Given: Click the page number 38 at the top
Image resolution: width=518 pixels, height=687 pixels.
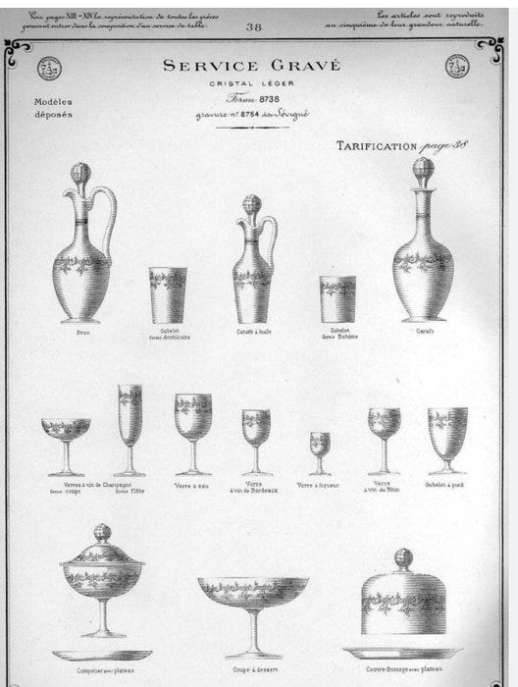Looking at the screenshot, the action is click(254, 27).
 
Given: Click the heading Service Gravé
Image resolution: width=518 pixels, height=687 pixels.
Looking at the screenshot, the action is click(251, 67).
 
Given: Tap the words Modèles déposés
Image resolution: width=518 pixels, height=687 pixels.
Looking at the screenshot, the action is click(53, 107).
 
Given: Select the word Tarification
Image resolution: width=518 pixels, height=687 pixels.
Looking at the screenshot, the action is click(377, 146).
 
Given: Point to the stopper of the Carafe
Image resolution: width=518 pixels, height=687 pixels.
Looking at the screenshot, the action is click(423, 171).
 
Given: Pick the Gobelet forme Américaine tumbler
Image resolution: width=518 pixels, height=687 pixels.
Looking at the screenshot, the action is click(168, 293).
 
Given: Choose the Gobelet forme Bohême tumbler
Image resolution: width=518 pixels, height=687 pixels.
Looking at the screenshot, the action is click(337, 298).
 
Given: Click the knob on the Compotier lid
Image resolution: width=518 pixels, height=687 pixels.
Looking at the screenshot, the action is click(101, 532).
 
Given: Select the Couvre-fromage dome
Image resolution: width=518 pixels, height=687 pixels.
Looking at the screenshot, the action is click(404, 599).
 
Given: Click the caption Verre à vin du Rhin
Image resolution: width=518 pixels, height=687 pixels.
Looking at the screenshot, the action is click(384, 488).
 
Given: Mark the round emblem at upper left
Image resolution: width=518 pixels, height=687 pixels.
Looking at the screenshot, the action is click(49, 68).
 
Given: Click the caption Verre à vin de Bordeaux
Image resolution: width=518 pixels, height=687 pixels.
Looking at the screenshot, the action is click(255, 488).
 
